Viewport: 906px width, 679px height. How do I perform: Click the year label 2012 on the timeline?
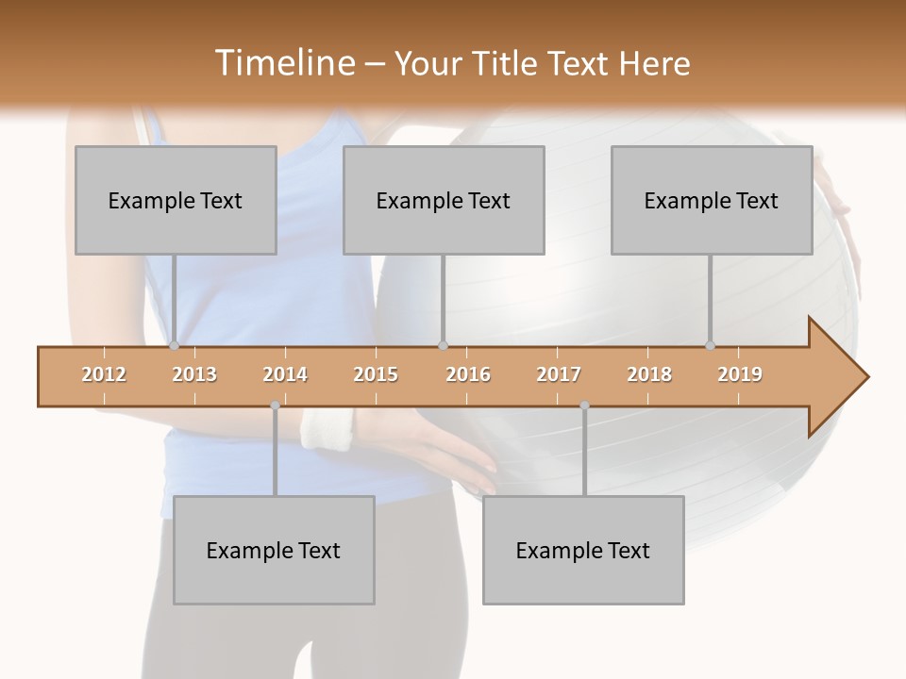tap(104, 375)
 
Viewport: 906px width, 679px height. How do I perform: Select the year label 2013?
tap(194, 375)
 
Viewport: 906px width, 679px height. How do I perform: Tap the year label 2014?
tap(285, 375)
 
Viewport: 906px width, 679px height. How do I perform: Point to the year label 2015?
tap(376, 375)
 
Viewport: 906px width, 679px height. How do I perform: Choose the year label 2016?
tap(468, 375)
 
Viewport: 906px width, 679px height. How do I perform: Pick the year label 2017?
tap(559, 375)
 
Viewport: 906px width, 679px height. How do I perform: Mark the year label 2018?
tap(649, 375)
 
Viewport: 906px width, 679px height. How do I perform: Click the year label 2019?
tap(740, 375)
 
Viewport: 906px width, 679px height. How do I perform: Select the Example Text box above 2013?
tap(176, 200)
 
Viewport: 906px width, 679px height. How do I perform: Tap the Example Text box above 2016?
tap(444, 200)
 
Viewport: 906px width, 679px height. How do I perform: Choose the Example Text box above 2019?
tap(712, 200)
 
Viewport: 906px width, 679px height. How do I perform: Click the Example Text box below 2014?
tap(274, 550)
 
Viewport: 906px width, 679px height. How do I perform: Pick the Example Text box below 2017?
tap(583, 550)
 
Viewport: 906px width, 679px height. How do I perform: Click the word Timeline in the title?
tap(283, 63)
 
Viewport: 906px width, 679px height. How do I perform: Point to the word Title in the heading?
tap(508, 64)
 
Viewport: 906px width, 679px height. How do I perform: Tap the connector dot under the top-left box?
tap(175, 346)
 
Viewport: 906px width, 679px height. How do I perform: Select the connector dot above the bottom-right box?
tap(584, 406)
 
